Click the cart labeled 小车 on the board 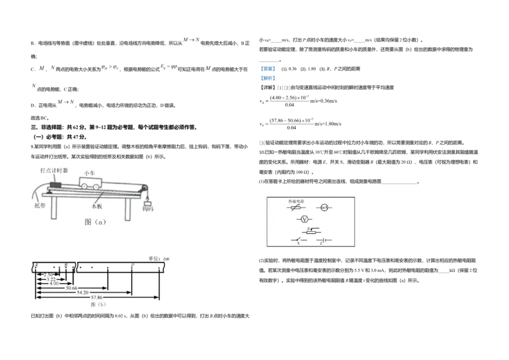[x=90, y=183]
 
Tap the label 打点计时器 [x=55, y=171]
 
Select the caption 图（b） [x=98, y=305]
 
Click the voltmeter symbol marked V [x=304, y=219]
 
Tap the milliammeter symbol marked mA [x=323, y=208]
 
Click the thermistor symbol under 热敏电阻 [x=296, y=208]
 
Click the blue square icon [x=267, y=74]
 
